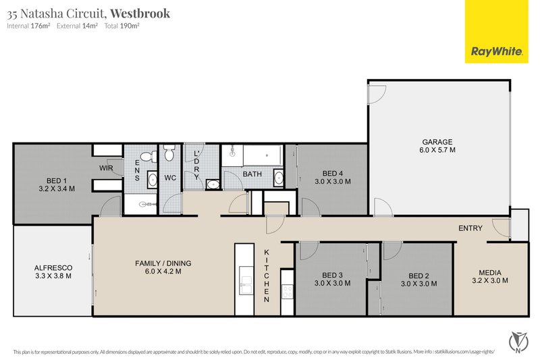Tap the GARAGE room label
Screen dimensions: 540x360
point(437,142)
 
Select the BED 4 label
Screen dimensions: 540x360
point(333,174)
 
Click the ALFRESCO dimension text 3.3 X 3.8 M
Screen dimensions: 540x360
point(53,276)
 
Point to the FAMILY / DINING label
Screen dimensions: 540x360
point(163,263)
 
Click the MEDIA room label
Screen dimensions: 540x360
point(490,272)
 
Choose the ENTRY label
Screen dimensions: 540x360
point(470,228)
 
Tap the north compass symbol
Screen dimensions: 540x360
point(518,342)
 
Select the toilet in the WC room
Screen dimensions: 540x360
point(169,153)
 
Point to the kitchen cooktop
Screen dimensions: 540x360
point(288,292)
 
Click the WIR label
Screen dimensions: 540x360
point(106,168)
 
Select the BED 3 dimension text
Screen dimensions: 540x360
point(333,284)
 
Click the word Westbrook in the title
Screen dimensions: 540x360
point(140,13)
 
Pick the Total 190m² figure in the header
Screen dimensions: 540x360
point(122,26)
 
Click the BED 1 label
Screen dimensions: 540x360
point(57,181)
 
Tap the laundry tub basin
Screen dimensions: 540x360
point(213,184)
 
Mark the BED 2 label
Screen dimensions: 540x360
point(418,276)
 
